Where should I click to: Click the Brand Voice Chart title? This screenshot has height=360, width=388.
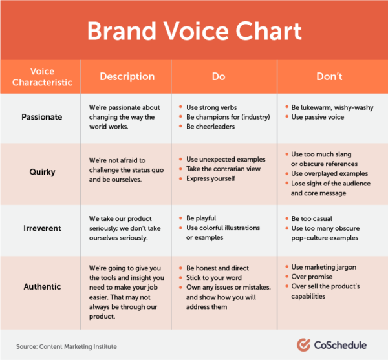pos(194,30)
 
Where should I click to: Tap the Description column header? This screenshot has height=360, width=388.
pos(127,76)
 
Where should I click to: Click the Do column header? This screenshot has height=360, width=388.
pos(219,76)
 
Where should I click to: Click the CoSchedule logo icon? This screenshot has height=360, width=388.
pos(305,344)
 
